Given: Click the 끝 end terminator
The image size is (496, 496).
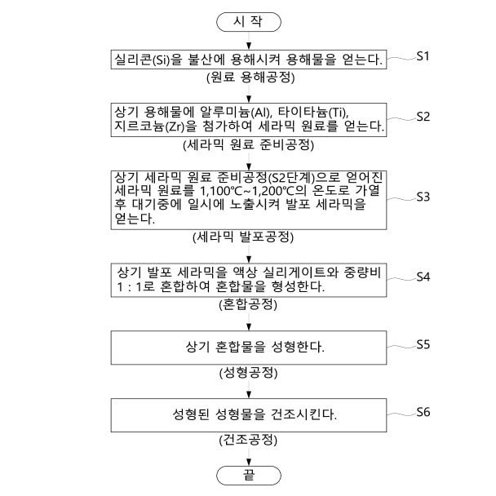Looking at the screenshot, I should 248,473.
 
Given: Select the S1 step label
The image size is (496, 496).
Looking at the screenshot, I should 423,56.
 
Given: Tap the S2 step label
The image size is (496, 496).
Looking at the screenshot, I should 423,116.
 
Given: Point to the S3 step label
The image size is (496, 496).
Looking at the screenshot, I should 423,197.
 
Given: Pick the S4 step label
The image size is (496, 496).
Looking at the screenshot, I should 423,277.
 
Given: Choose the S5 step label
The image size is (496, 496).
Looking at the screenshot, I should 423,344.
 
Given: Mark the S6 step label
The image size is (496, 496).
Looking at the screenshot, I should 423,411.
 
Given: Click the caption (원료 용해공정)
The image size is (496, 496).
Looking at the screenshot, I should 249,78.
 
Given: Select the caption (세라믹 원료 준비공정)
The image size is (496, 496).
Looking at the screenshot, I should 248,147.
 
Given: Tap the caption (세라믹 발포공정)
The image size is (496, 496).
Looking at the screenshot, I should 248,237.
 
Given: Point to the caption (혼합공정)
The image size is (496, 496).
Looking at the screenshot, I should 248,306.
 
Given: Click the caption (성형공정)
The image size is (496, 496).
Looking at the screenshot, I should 248,374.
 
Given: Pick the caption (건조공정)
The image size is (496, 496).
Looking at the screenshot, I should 248,441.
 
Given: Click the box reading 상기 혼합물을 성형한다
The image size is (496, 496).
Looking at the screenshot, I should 248,347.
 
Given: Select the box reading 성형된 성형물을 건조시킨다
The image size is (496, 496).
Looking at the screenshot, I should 248,414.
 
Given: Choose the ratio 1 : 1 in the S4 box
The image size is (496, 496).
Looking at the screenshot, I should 133,287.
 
